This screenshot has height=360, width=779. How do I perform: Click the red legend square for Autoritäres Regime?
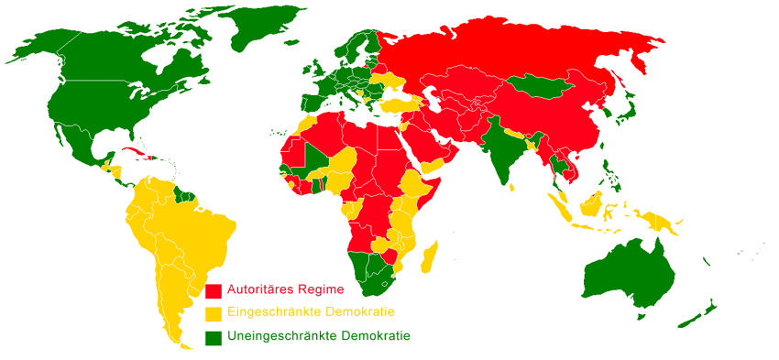point(214,290)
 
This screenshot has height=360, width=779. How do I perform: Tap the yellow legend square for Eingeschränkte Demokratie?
point(214,313)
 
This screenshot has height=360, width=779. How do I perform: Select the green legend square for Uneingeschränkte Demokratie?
point(214,337)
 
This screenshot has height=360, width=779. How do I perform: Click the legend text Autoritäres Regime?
point(287,289)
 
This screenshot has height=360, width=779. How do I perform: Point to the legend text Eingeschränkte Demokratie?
point(305,313)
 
